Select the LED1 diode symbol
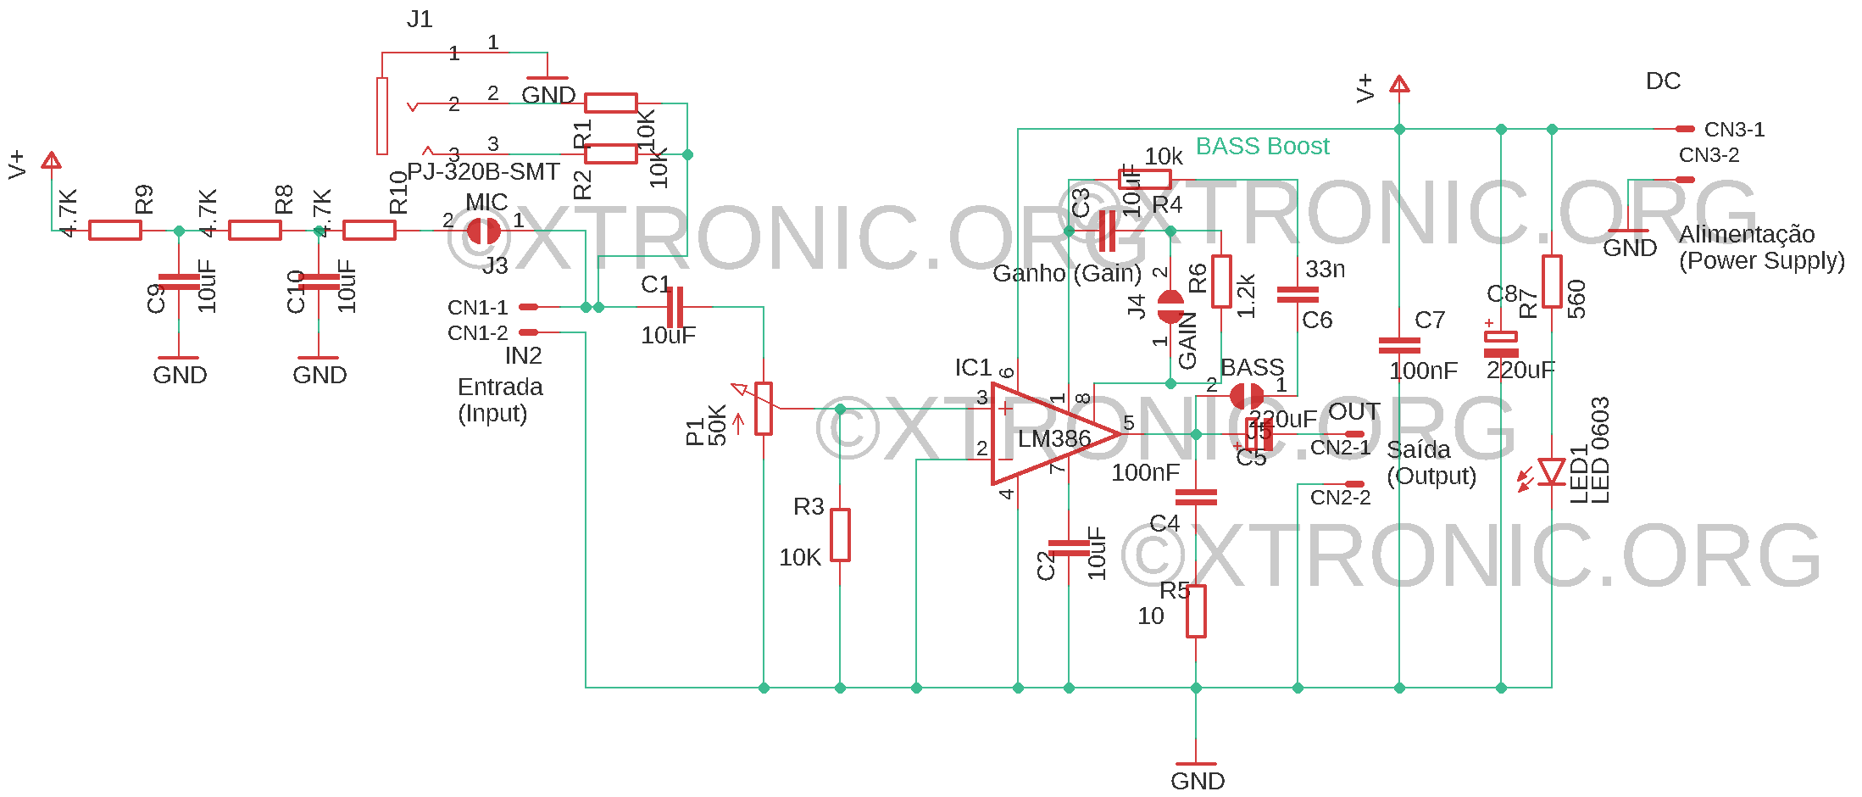[x=1552, y=471]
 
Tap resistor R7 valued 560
[x=1552, y=281]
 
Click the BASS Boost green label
[x=1262, y=146]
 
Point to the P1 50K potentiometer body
[x=764, y=409]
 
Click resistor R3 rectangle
[x=840, y=535]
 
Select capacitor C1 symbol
[x=675, y=307]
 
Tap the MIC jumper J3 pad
[x=484, y=231]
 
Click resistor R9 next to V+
[x=115, y=230]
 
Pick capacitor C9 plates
[x=179, y=282]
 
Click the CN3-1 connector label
[x=1734, y=130]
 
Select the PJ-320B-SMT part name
[x=483, y=171]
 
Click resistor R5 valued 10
[x=1196, y=611]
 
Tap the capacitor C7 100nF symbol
[x=1399, y=345]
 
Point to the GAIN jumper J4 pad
[x=1170, y=307]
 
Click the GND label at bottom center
[x=1197, y=780]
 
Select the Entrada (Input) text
[x=500, y=400]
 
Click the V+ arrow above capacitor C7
[x=1399, y=84]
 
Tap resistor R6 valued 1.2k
[x=1221, y=281]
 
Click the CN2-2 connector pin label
[x=1340, y=498]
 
